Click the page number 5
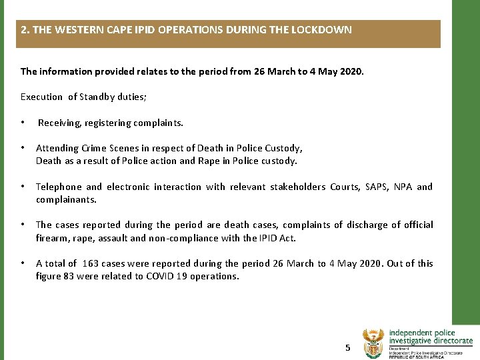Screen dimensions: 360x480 [347, 347]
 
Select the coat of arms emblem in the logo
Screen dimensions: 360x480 [374, 343]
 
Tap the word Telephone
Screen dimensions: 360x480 [59, 187]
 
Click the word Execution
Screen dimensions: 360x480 [42, 97]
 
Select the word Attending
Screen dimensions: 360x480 [57, 148]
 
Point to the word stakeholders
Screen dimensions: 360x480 [297, 187]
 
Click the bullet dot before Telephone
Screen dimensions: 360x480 [23, 187]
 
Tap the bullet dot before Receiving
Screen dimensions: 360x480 [23, 123]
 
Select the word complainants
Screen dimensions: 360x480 [66, 199]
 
